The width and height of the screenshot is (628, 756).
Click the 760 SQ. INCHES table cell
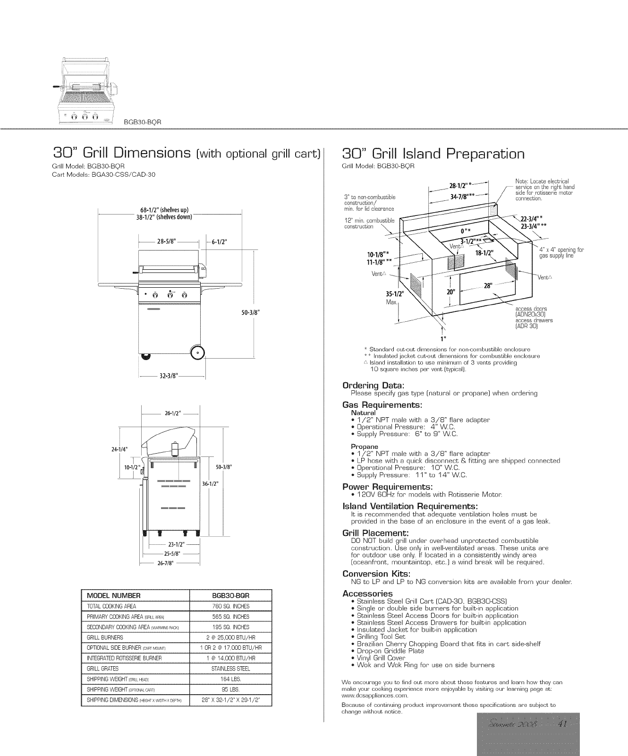click(x=231, y=606)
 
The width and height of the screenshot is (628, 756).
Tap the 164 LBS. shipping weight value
click(x=231, y=679)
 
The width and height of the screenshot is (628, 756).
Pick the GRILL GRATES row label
click(x=103, y=669)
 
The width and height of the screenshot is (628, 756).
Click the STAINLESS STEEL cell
click(x=231, y=669)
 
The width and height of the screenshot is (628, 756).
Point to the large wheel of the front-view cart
click(x=197, y=352)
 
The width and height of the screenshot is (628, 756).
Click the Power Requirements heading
click(x=387, y=487)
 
